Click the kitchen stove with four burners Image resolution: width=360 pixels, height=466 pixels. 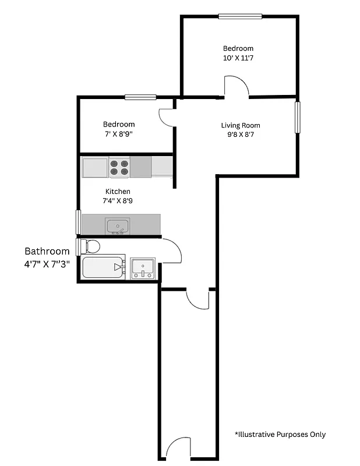click(x=119, y=167)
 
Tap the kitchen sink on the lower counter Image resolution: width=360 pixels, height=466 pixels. click(x=118, y=225)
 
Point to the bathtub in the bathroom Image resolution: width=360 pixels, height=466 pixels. click(x=103, y=267)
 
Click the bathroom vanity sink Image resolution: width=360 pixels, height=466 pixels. click(x=142, y=268)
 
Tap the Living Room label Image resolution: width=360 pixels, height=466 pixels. click(x=241, y=125)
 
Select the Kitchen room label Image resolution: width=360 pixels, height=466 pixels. click(x=118, y=192)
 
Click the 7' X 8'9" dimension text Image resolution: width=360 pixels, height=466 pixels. click(x=119, y=134)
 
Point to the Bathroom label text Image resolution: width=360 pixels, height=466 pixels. click(x=47, y=251)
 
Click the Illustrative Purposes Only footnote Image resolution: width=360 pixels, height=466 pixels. click(x=280, y=434)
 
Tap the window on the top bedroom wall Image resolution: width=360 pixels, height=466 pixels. click(x=240, y=16)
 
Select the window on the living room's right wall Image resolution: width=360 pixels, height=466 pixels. click(x=297, y=117)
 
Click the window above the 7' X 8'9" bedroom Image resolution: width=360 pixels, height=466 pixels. click(x=140, y=97)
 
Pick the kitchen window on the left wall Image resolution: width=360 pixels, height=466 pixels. click(x=78, y=222)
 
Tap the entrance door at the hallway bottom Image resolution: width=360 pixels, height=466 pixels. click(x=178, y=449)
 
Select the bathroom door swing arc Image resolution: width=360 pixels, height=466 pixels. click(x=172, y=250)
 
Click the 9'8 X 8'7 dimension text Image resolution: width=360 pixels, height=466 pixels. click(x=241, y=135)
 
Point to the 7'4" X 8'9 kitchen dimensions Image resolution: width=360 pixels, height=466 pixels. click(x=118, y=201)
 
